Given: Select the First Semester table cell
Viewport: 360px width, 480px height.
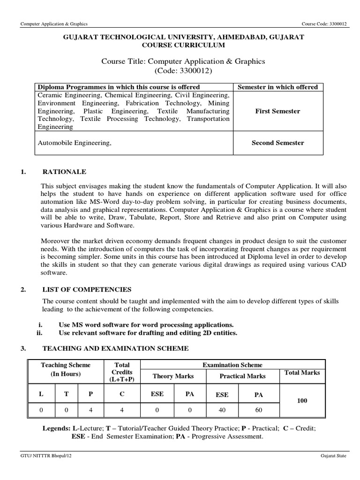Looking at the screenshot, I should click(277, 111).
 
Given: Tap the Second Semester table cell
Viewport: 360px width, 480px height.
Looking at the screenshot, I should click(277, 143).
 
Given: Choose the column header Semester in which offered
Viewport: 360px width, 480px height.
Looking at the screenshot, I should click(277, 87).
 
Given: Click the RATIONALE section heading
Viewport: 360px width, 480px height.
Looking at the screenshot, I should click(64, 172).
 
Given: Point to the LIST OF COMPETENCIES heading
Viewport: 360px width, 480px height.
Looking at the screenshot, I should click(87, 289).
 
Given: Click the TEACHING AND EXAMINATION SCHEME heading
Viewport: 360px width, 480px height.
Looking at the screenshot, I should click(115, 348).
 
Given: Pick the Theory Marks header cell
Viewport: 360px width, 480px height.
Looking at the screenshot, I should click(173, 376).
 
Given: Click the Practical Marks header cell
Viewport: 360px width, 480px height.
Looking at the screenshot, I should click(242, 376).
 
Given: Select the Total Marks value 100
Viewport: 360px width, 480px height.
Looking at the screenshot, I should click(302, 401).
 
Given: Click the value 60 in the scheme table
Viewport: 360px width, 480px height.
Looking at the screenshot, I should click(258, 410).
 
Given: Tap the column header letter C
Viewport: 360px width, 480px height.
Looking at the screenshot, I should click(122, 394).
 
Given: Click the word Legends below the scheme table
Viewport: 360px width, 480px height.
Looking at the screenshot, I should click(56, 429).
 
